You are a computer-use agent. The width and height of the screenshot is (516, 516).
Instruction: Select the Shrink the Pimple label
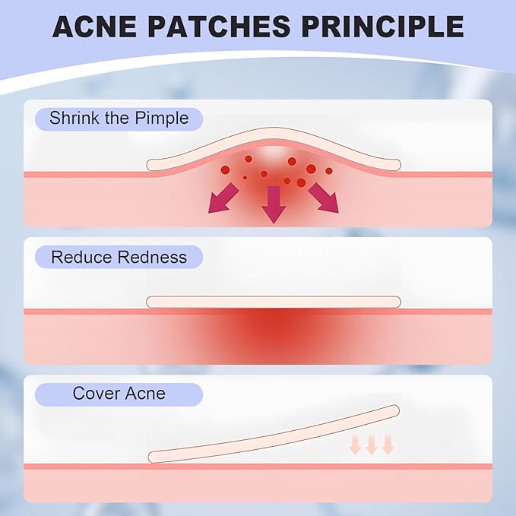[x=119, y=119]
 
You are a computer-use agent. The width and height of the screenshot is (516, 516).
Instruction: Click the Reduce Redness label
[x=119, y=257]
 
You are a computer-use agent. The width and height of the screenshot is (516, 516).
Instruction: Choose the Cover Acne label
[x=119, y=394]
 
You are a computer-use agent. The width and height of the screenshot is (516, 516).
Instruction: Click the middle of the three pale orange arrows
[x=372, y=444]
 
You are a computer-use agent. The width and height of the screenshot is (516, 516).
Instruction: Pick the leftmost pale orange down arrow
[x=356, y=444]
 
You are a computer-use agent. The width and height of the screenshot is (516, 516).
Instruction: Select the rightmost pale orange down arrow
[x=388, y=444]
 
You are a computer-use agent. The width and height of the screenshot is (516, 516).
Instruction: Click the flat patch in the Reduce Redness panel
[x=274, y=302]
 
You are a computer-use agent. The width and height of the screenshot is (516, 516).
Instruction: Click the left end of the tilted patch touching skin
[x=154, y=457]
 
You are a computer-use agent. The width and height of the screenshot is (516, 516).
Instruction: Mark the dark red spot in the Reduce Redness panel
[x=272, y=329]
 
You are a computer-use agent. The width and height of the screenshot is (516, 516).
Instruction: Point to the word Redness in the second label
[x=152, y=257]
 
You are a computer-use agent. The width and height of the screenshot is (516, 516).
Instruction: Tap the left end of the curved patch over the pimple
[x=152, y=164]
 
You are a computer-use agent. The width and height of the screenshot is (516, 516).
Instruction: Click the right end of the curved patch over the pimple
[x=396, y=163]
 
